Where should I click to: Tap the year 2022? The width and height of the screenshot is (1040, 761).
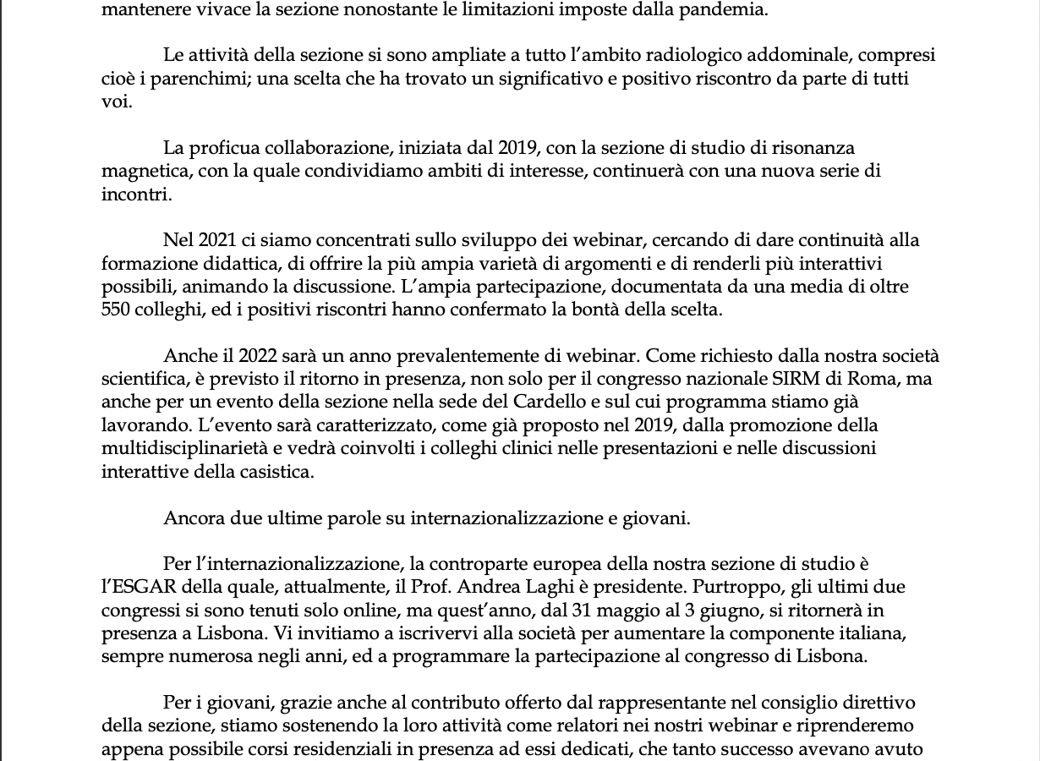[258, 356]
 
